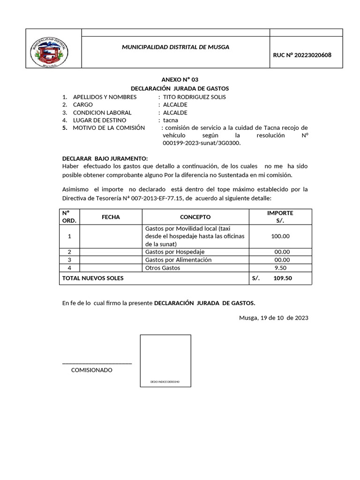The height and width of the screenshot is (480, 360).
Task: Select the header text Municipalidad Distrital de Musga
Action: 176,47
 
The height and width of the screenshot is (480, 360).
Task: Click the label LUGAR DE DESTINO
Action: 99,120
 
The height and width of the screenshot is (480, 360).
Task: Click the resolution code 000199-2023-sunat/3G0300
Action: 201,143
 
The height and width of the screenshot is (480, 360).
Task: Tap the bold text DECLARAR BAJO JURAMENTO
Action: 105,158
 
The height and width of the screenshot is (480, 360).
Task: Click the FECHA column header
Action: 111,217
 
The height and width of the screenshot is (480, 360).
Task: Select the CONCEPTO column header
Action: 195,217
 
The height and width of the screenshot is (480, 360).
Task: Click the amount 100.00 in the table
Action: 280,236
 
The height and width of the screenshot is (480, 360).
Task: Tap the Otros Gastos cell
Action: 163,268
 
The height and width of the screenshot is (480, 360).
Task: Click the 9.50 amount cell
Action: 280,268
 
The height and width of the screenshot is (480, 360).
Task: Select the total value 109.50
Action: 282,278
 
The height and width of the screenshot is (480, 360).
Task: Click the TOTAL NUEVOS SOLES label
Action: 93,278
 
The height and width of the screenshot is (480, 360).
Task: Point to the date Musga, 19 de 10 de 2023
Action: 273,317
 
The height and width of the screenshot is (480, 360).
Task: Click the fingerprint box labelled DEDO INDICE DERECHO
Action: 165,360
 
